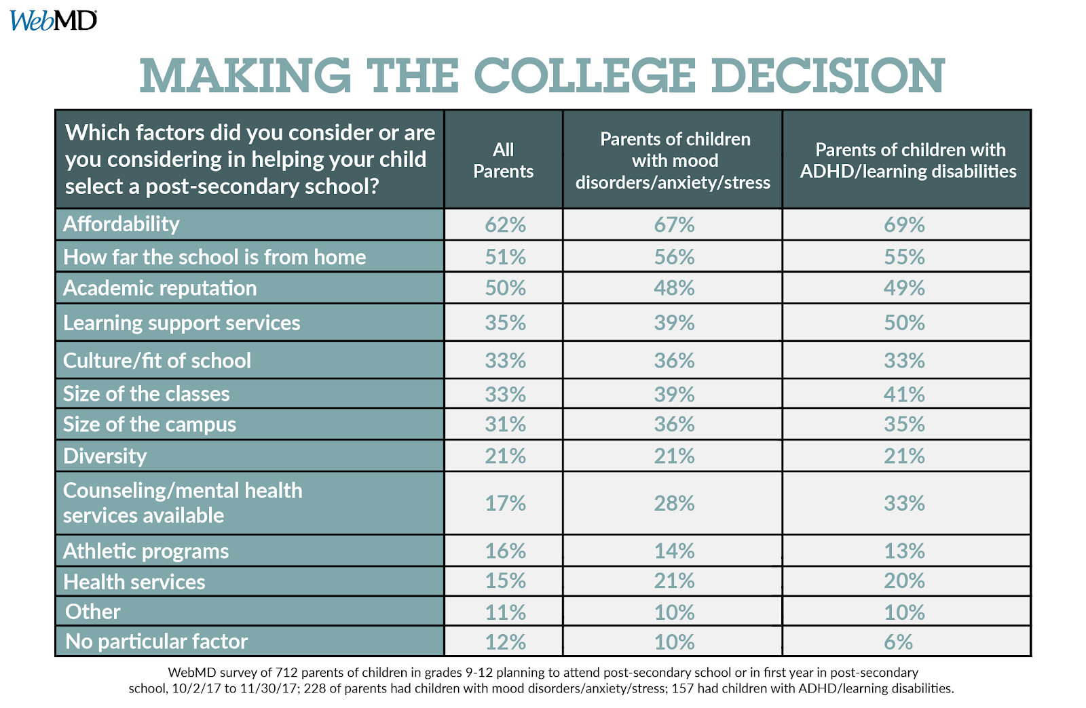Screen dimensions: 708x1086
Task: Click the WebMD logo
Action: click(53, 20)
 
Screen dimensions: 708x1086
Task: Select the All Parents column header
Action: click(503, 160)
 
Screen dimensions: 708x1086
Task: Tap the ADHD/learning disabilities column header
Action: click(908, 161)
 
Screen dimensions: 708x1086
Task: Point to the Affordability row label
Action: click(121, 224)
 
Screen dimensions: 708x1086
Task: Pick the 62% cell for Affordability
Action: click(505, 224)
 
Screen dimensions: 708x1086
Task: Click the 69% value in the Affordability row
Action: click(904, 224)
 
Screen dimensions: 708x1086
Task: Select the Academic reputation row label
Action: click(160, 288)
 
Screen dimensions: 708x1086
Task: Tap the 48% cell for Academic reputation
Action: click(674, 288)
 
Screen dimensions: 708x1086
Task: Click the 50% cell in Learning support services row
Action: click(904, 323)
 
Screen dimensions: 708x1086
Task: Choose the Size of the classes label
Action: click(147, 394)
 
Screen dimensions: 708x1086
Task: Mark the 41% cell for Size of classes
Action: click(904, 394)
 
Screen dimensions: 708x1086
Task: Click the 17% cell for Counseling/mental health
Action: click(505, 503)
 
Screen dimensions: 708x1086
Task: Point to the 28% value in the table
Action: click(674, 503)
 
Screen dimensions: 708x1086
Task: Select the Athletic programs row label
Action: click(146, 551)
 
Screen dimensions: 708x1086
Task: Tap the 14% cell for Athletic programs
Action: click(674, 551)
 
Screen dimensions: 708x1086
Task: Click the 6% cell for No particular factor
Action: click(898, 642)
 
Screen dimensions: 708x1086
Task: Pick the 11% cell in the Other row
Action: click(505, 612)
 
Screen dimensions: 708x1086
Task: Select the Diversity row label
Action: click(105, 456)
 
